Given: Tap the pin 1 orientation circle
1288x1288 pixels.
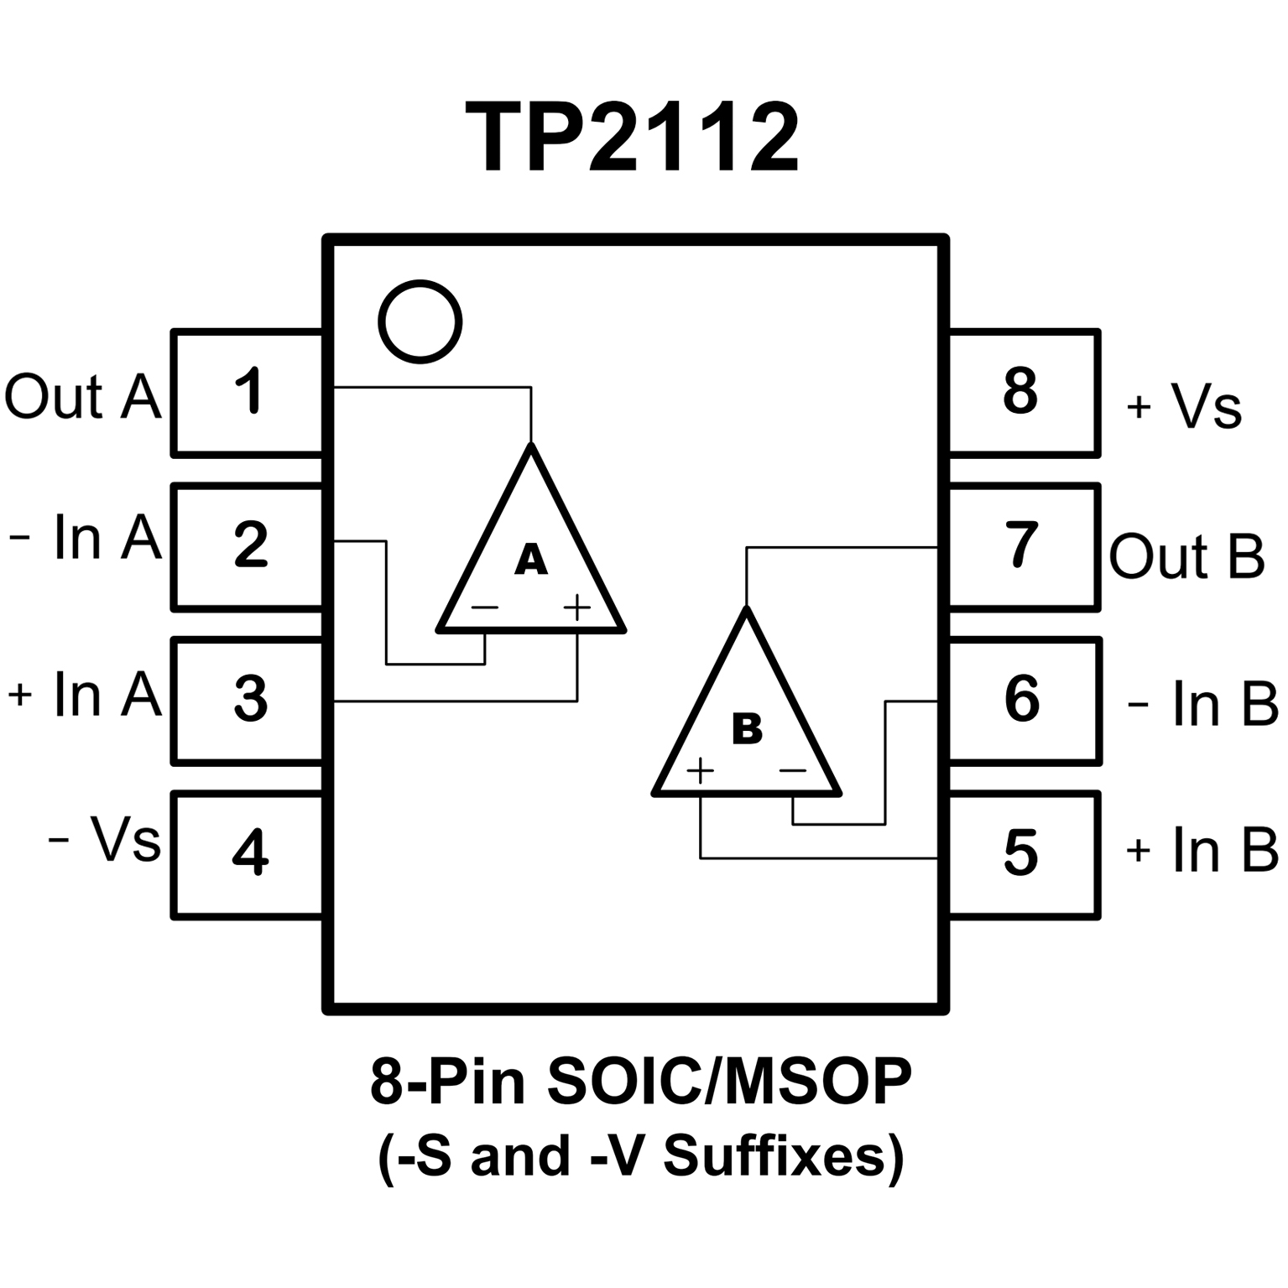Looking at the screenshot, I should [x=420, y=322].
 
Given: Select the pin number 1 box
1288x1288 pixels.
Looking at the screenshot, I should [x=248, y=393].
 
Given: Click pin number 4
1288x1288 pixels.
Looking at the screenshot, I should [x=250, y=853].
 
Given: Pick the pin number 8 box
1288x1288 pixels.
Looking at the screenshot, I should [x=1022, y=393].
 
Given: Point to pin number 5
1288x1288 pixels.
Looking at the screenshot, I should [x=1021, y=854].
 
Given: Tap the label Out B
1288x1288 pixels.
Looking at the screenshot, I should [x=1186, y=556].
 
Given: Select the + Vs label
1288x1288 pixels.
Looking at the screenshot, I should [x=1184, y=407].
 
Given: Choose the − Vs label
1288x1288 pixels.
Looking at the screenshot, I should [x=104, y=839].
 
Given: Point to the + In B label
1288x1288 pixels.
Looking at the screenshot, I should [x=1202, y=850].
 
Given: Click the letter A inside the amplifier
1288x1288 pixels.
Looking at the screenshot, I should [x=530, y=560].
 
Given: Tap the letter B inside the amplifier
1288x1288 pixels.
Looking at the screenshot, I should [x=746, y=728].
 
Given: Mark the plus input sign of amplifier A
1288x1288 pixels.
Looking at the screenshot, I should [x=577, y=607].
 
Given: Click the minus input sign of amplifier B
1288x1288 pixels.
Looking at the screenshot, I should [x=792, y=769].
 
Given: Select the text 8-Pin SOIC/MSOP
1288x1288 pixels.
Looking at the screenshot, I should [x=640, y=1081].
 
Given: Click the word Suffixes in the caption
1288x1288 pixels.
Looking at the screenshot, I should [x=774, y=1156].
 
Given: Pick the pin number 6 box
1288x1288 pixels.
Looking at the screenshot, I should [x=1022, y=700].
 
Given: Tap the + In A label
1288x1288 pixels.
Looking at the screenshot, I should [x=85, y=695].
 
